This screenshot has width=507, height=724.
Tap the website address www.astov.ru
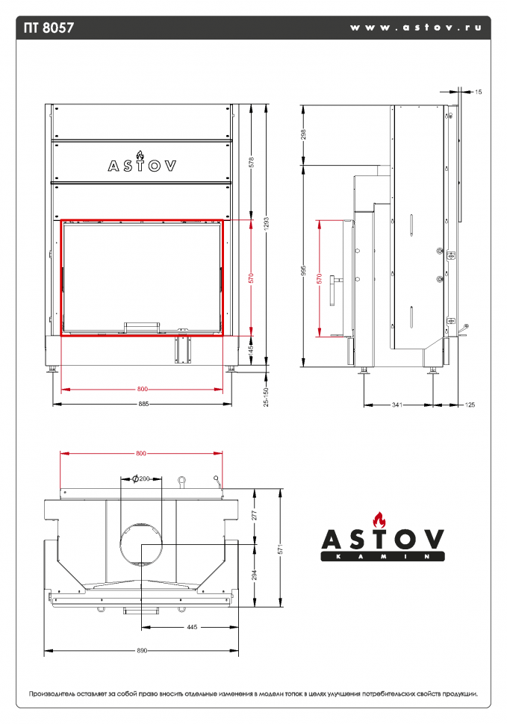click(x=415, y=27)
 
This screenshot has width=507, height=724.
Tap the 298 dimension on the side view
click(x=303, y=134)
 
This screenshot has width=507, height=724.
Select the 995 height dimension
click(x=303, y=273)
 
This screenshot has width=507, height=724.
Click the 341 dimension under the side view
click(x=396, y=405)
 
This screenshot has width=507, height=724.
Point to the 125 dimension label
click(x=470, y=405)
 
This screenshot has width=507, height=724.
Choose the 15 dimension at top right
click(x=478, y=92)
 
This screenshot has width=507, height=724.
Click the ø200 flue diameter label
click(x=140, y=478)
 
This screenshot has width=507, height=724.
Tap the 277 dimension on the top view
click(x=255, y=515)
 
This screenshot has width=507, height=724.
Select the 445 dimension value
click(x=192, y=628)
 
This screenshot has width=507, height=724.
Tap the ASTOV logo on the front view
click(x=142, y=165)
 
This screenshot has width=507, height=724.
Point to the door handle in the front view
click(x=141, y=326)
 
